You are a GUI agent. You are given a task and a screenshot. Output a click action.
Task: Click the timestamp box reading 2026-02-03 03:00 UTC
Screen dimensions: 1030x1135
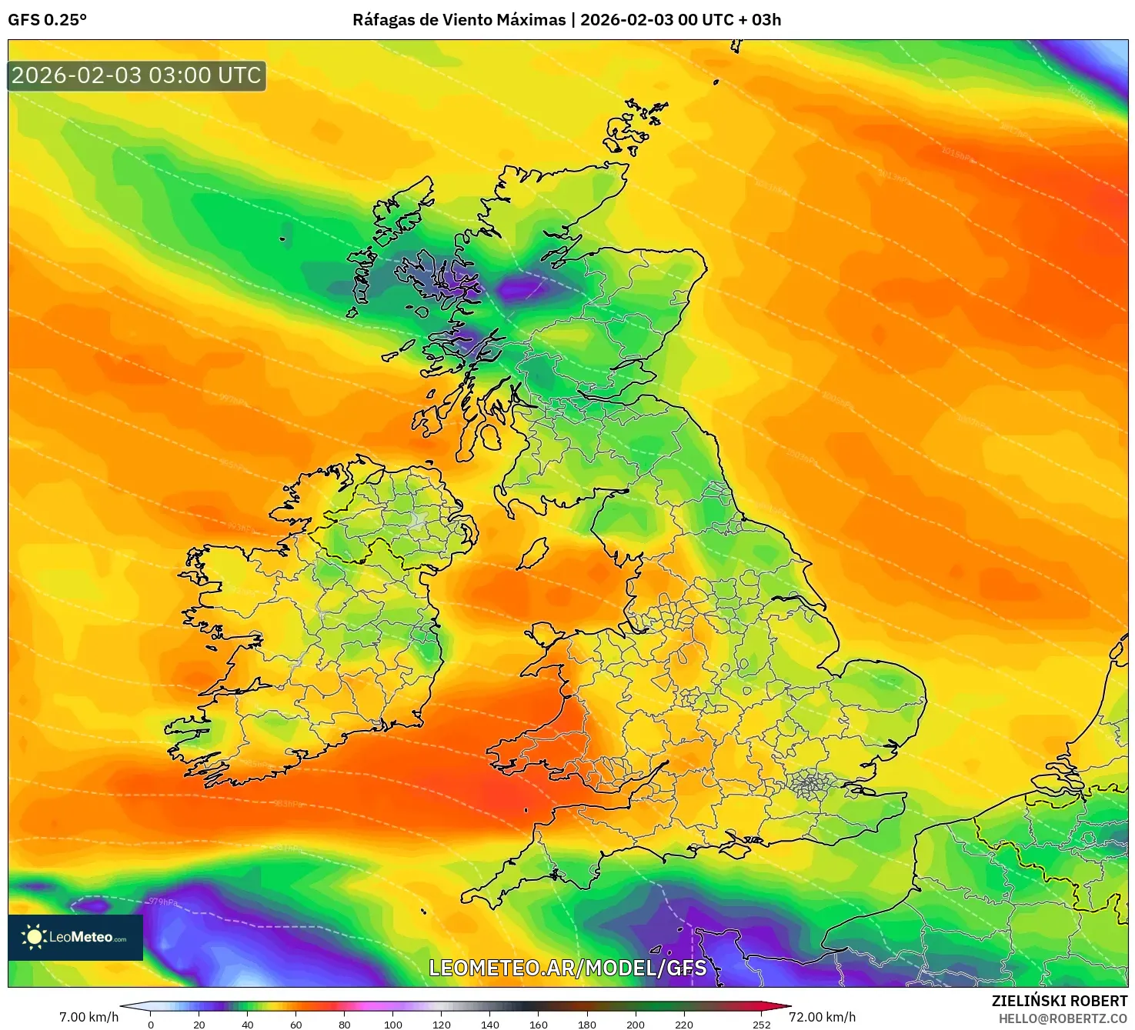(137, 75)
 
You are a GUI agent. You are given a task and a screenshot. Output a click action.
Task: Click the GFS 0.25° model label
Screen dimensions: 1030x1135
(47, 20)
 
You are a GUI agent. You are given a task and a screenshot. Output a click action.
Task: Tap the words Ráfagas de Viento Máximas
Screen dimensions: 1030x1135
(459, 20)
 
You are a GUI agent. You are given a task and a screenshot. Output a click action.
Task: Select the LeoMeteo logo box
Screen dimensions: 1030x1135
(75, 937)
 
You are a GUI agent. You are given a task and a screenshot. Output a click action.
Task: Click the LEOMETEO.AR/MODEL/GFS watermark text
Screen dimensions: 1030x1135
(567, 968)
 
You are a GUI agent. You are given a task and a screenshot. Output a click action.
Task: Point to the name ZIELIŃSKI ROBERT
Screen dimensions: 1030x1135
(1059, 1001)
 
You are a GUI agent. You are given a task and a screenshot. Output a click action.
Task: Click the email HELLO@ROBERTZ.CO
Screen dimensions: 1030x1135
(1063, 1018)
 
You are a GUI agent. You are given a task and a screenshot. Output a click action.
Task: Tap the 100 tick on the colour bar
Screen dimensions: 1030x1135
(393, 1024)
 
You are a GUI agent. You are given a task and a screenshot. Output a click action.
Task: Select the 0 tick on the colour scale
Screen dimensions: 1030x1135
(151, 1024)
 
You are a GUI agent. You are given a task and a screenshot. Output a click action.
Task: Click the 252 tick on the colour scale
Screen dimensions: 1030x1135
(761, 1024)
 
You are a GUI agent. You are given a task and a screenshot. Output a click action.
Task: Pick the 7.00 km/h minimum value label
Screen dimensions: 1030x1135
(89, 1017)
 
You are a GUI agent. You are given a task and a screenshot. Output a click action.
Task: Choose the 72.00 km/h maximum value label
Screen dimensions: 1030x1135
(822, 1017)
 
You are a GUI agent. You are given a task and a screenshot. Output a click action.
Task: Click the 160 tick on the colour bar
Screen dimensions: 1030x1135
(539, 1024)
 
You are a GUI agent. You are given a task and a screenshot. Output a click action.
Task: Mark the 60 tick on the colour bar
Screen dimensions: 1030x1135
(296, 1024)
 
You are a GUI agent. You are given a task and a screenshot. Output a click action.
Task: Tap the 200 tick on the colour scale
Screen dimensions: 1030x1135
(636, 1024)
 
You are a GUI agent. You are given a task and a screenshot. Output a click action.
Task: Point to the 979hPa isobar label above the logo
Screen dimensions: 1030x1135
(163, 902)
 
